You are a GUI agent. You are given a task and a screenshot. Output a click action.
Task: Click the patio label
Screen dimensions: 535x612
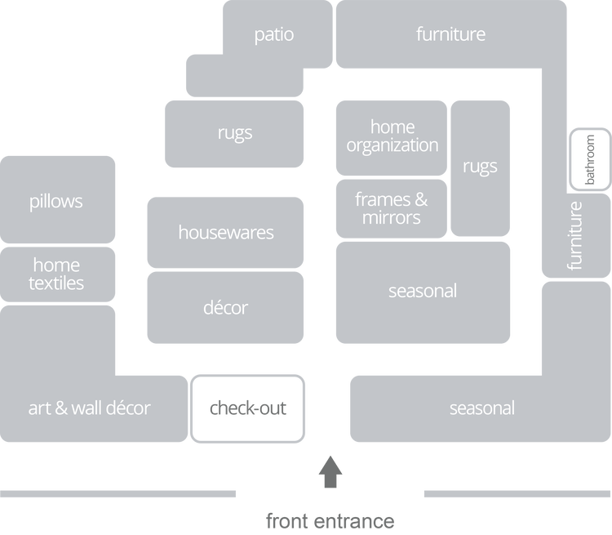coord(273,34)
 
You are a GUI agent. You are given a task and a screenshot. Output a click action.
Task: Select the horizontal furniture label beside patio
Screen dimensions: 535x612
coord(450,34)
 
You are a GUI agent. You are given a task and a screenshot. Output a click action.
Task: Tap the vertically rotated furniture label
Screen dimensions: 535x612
coord(575,235)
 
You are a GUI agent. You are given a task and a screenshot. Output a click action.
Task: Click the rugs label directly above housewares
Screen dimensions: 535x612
coord(235,132)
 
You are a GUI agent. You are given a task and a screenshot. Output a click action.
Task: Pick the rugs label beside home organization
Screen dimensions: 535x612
coord(480,167)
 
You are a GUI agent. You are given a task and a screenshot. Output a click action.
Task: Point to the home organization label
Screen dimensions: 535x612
coord(392,136)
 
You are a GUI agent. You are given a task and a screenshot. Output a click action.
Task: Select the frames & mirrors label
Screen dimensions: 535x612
coord(392,208)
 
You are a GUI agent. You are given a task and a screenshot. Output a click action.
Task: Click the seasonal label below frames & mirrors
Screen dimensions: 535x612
coord(423,291)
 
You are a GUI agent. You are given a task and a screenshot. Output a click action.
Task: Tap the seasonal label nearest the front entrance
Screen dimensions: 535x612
coord(482,408)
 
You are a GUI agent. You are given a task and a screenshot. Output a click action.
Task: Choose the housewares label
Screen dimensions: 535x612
coord(226,233)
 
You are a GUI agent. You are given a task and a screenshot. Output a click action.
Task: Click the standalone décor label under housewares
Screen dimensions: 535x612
coord(225,308)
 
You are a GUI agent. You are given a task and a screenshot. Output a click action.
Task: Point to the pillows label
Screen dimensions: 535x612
coord(56,201)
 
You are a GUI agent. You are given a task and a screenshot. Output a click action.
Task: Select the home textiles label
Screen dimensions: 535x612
coord(56,274)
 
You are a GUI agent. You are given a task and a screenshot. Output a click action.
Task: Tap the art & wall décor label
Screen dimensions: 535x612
coord(90,408)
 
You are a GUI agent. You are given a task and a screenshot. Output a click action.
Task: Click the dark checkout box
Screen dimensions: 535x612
coord(249,408)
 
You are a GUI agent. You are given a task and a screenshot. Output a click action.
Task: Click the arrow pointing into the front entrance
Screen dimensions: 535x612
coord(330,472)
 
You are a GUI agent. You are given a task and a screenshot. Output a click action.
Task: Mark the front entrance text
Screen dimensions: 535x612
coord(330,520)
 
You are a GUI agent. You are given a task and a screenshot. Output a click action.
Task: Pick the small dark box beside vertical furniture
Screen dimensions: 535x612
coord(588,156)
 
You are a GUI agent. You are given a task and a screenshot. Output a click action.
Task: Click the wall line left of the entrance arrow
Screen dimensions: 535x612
coord(119,494)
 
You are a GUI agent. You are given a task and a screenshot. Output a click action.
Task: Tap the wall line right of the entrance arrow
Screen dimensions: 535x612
coord(517,494)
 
